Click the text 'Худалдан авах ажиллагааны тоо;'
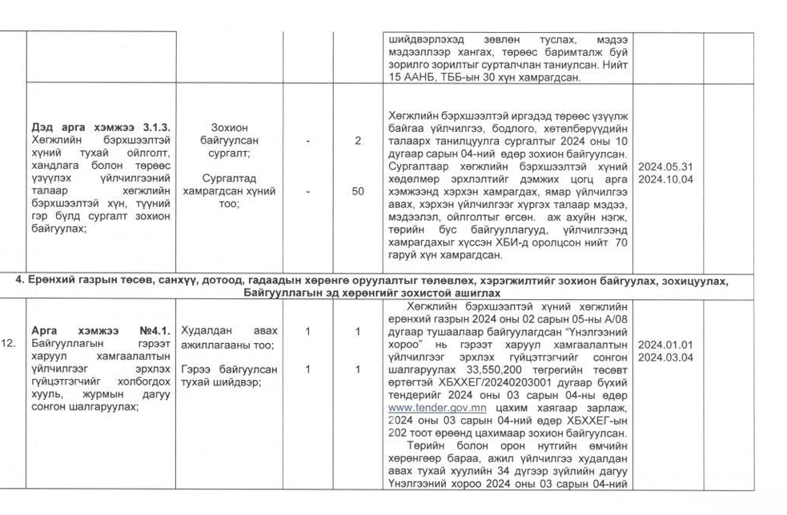click(228, 337)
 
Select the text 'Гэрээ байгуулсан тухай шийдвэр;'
click(229, 376)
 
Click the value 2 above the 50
click(357, 141)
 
